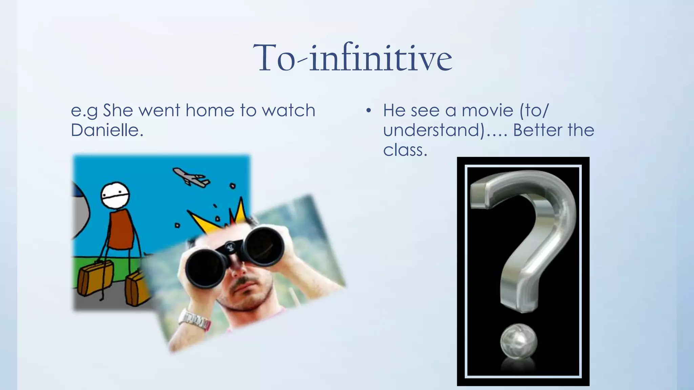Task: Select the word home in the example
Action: point(210,110)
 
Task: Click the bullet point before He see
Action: point(369,111)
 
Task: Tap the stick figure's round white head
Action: point(115,195)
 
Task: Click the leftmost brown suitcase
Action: point(96,278)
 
